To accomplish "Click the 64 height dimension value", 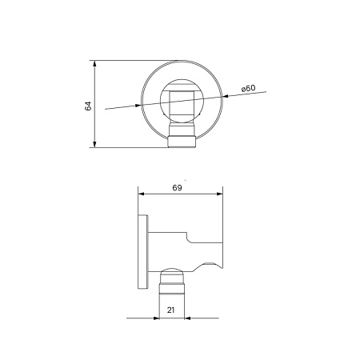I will tap(89, 104).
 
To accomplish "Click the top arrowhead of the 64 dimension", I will tap(95, 63).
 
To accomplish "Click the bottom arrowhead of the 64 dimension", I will tap(95, 144).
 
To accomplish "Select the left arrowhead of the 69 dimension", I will tap(142, 193).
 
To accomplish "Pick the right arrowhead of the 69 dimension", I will tap(218, 193).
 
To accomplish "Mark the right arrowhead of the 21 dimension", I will tap(190, 318).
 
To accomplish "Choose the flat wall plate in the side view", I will tap(142, 254).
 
